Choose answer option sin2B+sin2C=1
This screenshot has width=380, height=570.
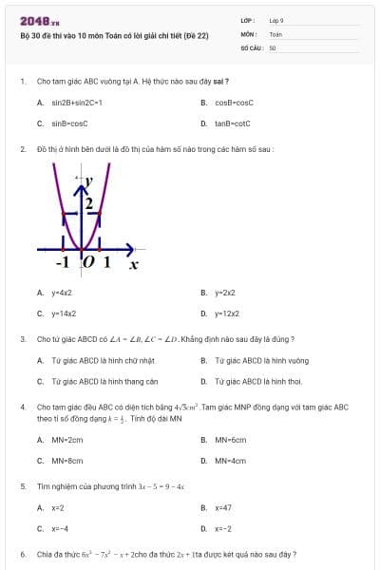click(77, 102)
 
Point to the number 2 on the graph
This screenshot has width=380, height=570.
click(88, 203)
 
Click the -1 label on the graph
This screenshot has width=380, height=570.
click(63, 261)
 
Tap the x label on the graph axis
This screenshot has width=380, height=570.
click(134, 263)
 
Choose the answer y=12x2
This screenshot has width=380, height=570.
click(226, 313)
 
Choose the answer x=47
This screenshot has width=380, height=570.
click(223, 507)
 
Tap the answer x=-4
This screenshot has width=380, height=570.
click(60, 528)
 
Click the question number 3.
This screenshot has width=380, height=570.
click(22, 339)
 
